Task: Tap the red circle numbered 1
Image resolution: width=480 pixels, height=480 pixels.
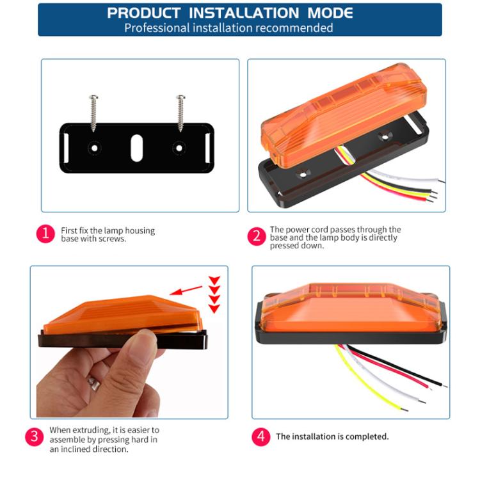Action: pyautogui.click(x=45, y=234)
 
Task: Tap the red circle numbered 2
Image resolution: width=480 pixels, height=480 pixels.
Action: pyautogui.click(x=256, y=236)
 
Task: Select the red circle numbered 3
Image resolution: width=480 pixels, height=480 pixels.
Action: pyautogui.click(x=34, y=438)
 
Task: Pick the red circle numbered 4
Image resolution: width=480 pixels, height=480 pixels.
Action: pyautogui.click(x=260, y=437)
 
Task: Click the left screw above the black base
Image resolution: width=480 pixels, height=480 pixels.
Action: pyautogui.click(x=94, y=113)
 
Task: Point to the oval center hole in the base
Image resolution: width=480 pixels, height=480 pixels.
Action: pyautogui.click(x=136, y=148)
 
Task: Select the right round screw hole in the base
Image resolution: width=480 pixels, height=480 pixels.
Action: pyautogui.click(x=179, y=148)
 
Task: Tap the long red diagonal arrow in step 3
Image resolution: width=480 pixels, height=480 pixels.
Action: pyautogui.click(x=186, y=289)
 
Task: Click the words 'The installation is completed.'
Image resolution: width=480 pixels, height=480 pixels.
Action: pyautogui.click(x=332, y=437)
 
